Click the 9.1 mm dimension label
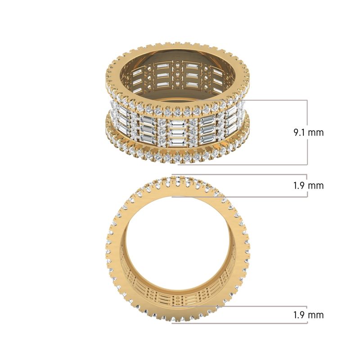308,133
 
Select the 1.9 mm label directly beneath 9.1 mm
308,185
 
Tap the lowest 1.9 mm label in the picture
308,315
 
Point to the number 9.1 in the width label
300,133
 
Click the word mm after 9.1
316,133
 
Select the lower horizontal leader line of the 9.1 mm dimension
243,165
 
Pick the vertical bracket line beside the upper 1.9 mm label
307,178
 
